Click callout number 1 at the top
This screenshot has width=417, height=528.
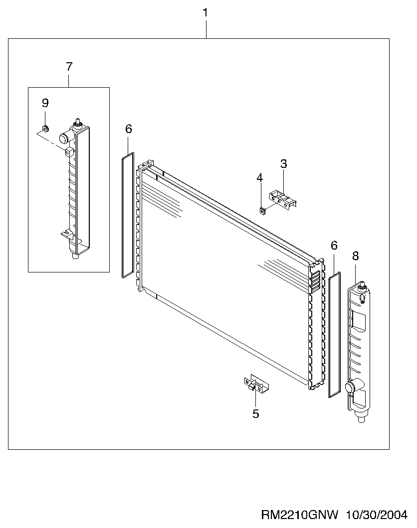click(205, 13)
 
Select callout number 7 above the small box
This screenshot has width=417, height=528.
click(69, 67)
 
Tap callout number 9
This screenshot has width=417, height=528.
click(45, 103)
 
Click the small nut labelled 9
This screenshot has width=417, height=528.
click(45, 128)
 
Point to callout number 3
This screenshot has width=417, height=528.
click(283, 164)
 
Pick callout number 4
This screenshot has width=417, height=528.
click(259, 177)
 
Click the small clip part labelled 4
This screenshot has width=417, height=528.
click(262, 211)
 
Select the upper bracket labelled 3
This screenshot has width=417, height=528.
click(282, 200)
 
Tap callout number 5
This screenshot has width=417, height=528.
click(255, 414)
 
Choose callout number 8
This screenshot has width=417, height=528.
click(355, 256)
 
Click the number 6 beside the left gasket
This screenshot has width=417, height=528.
click(128, 129)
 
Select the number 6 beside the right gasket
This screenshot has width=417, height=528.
click(334, 246)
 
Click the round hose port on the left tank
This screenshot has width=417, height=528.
click(64, 138)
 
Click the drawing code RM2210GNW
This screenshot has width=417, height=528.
click(300, 515)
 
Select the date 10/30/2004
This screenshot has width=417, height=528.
click(377, 515)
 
